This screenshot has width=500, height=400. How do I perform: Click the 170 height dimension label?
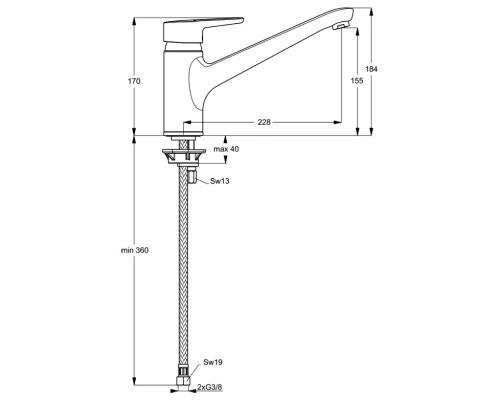pyautogui.click(x=134, y=81)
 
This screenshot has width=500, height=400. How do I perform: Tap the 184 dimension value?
pyautogui.click(x=371, y=69)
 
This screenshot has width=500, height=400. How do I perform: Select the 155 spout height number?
pyautogui.click(x=357, y=81)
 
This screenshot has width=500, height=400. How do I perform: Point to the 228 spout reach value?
pyautogui.click(x=264, y=122)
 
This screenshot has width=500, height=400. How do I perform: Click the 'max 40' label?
pyautogui.click(x=226, y=149)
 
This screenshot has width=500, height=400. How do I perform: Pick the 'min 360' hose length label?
pyautogui.click(x=135, y=250)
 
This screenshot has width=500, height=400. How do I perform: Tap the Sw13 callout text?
pyautogui.click(x=220, y=181)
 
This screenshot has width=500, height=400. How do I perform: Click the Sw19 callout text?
pyautogui.click(x=213, y=362)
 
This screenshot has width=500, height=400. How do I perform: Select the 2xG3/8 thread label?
pyautogui.click(x=210, y=387)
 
